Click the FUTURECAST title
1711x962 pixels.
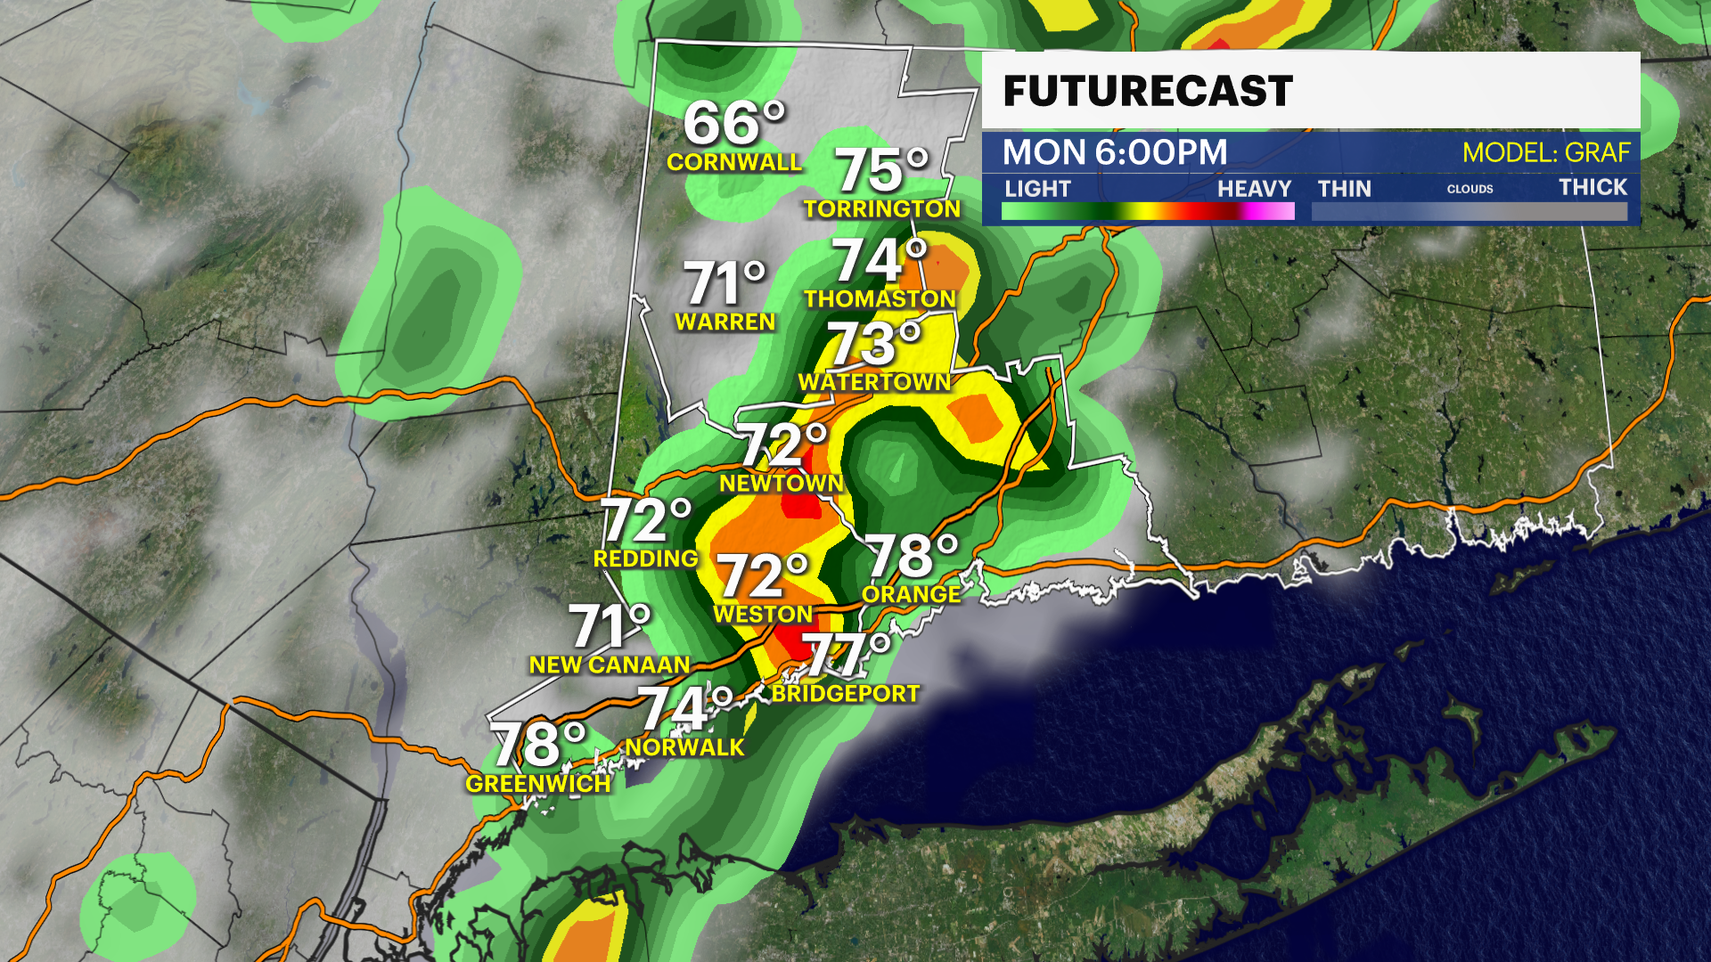point(1148,92)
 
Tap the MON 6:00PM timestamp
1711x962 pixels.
point(1115,152)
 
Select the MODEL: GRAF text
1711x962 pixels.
point(1546,153)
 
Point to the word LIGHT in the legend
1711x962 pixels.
point(1037,189)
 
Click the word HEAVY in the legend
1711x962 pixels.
point(1254,189)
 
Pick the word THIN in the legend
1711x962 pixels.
point(1344,189)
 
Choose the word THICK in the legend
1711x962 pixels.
point(1592,188)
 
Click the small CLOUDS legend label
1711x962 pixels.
point(1469,189)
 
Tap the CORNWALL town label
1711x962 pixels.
point(734,162)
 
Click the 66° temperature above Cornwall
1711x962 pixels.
point(733,123)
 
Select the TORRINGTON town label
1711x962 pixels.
point(882,208)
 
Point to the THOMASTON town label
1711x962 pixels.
point(880,298)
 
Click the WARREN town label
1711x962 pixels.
point(725,322)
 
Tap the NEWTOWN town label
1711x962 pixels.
point(782,483)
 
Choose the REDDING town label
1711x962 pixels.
point(646,558)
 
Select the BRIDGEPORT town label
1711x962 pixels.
point(845,693)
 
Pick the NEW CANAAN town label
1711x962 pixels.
point(610,664)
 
